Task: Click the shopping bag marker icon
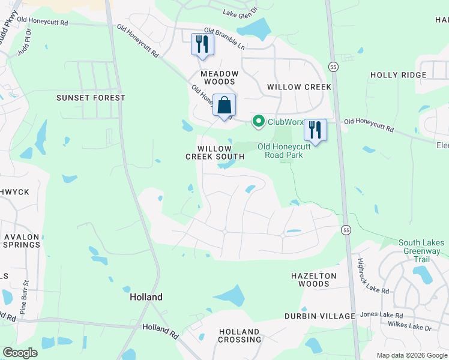(224, 106)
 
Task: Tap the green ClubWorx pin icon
(259, 122)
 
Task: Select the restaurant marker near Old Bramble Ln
(202, 44)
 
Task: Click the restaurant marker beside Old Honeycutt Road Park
(315, 129)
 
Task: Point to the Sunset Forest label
(91, 98)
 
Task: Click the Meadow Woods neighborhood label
(220, 77)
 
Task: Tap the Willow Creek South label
(214, 152)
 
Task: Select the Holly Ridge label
(399, 75)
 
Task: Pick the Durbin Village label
(320, 316)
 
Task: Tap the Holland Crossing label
(239, 335)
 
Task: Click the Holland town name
(146, 297)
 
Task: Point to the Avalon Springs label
(22, 241)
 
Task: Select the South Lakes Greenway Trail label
(420, 251)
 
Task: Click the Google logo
(20, 353)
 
